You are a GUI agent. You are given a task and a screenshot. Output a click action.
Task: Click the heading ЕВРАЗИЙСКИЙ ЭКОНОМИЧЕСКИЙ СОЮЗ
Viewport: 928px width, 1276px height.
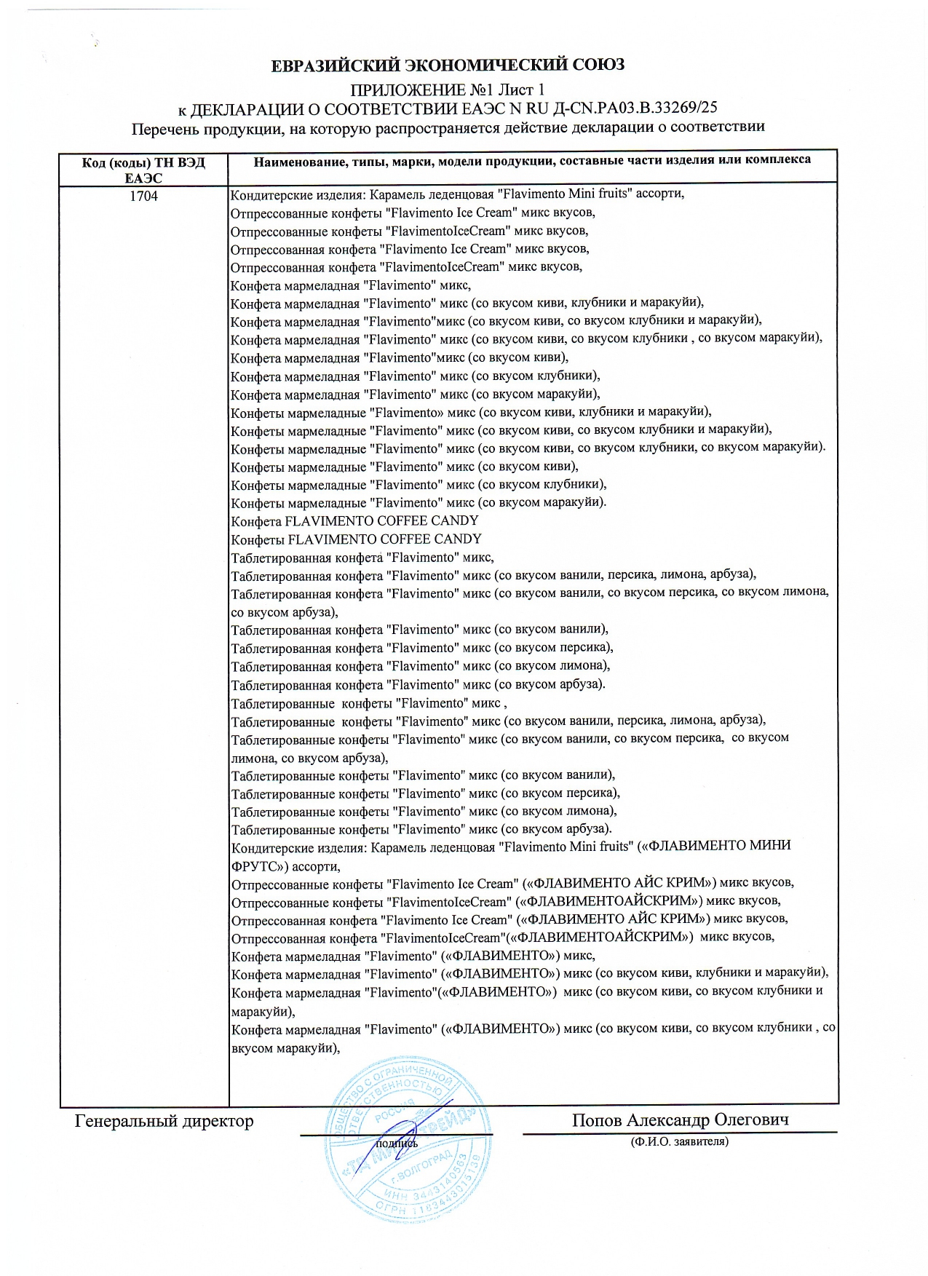pyautogui.click(x=448, y=66)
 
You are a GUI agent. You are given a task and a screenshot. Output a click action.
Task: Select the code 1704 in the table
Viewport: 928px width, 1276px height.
pyautogui.click(x=143, y=196)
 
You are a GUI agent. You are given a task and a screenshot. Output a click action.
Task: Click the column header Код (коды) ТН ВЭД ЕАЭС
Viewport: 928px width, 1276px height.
pyautogui.click(x=143, y=170)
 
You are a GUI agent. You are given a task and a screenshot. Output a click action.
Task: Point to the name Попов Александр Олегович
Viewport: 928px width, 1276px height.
pyautogui.click(x=680, y=1120)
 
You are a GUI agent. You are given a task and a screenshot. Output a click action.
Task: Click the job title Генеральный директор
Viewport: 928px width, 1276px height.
pyautogui.click(x=164, y=1121)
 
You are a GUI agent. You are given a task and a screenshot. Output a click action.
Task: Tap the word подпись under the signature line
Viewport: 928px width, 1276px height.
pyautogui.click(x=397, y=1143)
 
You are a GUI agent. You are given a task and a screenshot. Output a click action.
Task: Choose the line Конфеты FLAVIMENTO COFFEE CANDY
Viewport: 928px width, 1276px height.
pyautogui.click(x=356, y=539)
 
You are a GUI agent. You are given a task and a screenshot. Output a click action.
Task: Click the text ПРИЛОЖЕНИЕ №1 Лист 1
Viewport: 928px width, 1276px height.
pyautogui.click(x=448, y=90)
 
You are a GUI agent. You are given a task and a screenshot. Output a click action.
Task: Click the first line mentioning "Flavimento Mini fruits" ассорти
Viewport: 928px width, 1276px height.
pyautogui.click(x=457, y=194)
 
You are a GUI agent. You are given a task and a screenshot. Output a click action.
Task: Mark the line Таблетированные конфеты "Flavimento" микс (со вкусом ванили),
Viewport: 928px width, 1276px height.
pyautogui.click(x=423, y=774)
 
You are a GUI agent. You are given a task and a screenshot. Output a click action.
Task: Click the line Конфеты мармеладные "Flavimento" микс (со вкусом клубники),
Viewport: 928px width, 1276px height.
pyautogui.click(x=419, y=484)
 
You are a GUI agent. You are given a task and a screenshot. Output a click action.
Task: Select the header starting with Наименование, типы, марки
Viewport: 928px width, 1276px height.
pyautogui.click(x=532, y=160)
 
